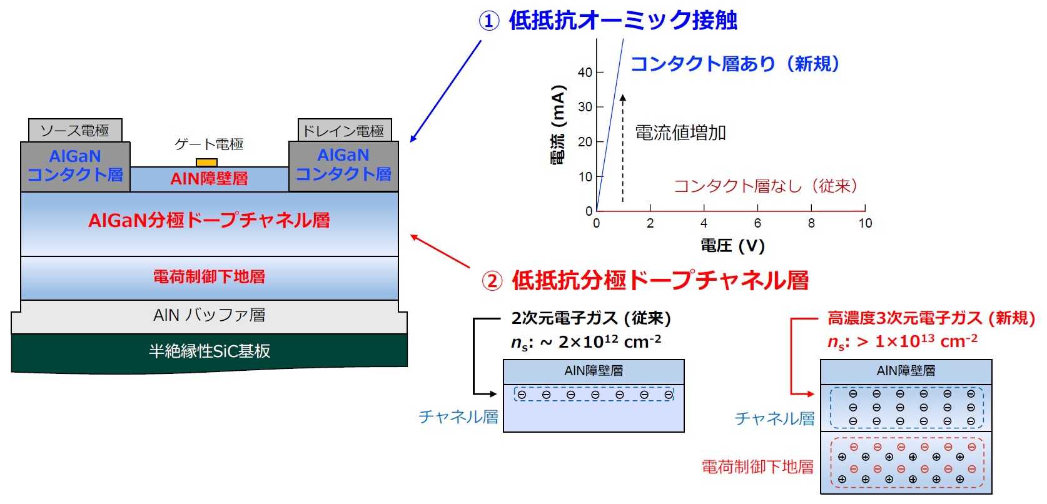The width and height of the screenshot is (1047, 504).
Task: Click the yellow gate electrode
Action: click(x=206, y=163)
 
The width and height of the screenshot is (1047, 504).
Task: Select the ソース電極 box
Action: click(x=75, y=130)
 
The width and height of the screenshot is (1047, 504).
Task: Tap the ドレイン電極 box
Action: click(x=345, y=130)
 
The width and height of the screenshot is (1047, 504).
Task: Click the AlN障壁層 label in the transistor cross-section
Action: click(x=209, y=178)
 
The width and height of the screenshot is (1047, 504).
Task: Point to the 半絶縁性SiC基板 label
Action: click(x=210, y=351)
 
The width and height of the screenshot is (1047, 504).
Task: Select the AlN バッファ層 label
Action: click(x=210, y=315)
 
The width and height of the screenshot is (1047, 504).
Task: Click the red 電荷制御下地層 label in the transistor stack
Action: click(x=209, y=276)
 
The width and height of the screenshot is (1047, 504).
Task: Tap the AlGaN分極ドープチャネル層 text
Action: click(x=209, y=220)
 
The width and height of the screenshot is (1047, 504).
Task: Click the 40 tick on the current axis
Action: click(x=585, y=73)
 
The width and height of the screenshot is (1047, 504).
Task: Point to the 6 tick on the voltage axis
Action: click(x=757, y=223)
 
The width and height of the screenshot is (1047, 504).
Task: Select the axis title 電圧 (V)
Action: click(x=732, y=245)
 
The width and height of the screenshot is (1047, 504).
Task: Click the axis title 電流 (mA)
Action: click(x=558, y=124)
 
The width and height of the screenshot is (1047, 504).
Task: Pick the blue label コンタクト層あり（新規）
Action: click(x=736, y=64)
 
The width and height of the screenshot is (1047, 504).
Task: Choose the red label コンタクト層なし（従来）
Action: click(x=766, y=186)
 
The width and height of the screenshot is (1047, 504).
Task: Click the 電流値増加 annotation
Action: click(x=680, y=133)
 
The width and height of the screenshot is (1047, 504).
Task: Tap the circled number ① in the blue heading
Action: click(x=489, y=21)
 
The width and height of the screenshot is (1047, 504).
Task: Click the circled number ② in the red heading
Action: click(x=492, y=281)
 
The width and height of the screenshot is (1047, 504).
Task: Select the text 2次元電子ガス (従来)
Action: click(x=591, y=318)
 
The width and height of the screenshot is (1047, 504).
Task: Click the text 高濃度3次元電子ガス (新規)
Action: click(x=931, y=318)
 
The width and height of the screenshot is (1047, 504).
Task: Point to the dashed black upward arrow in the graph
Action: click(x=622, y=148)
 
